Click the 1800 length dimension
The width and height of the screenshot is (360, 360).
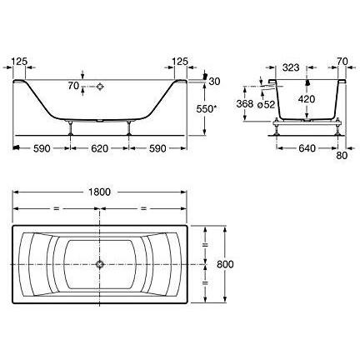tap(99, 192)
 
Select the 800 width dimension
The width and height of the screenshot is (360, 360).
tap(225, 264)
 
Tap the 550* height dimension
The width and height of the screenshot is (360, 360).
tap(207, 109)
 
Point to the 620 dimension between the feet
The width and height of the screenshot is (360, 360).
tap(99, 148)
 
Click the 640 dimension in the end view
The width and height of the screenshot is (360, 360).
tap(307, 148)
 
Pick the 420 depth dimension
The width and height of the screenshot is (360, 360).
tap(307, 99)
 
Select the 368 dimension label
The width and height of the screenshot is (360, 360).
tap(245, 103)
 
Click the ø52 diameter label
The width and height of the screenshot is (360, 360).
tap(266, 105)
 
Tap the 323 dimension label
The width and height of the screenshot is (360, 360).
tap(291, 67)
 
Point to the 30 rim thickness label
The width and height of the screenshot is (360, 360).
tap(214, 82)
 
